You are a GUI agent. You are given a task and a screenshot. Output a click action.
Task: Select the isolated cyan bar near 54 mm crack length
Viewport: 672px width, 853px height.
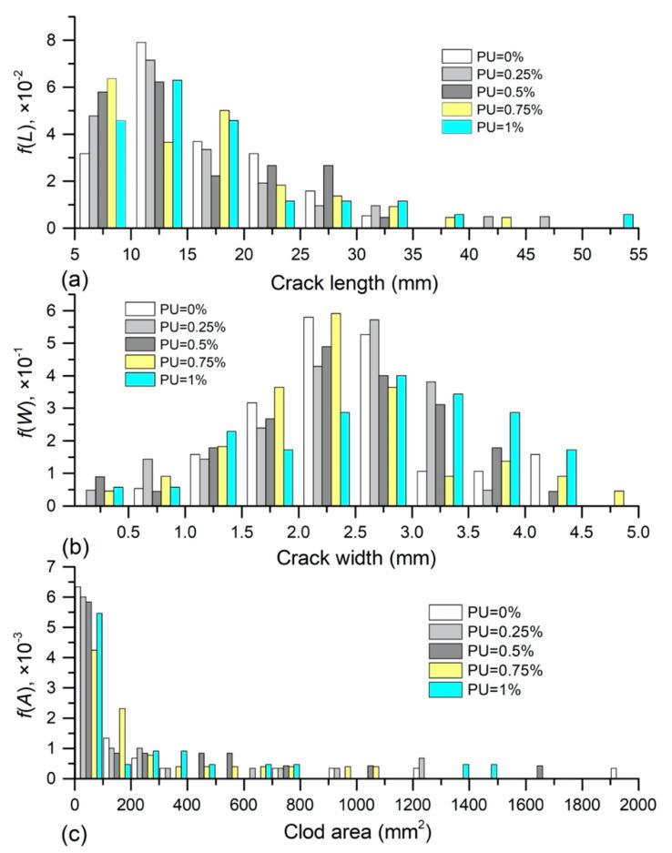click(627, 221)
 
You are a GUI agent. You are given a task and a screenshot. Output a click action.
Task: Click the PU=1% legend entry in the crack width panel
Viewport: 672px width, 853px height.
click(179, 380)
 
